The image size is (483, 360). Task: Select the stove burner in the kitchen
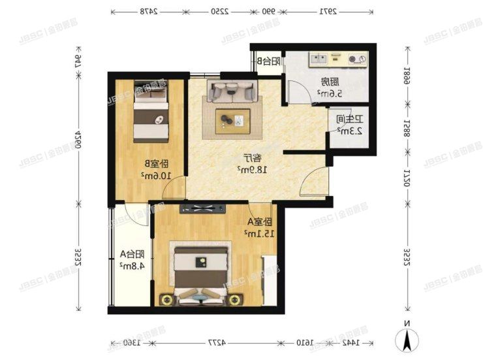(x=356, y=60)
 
